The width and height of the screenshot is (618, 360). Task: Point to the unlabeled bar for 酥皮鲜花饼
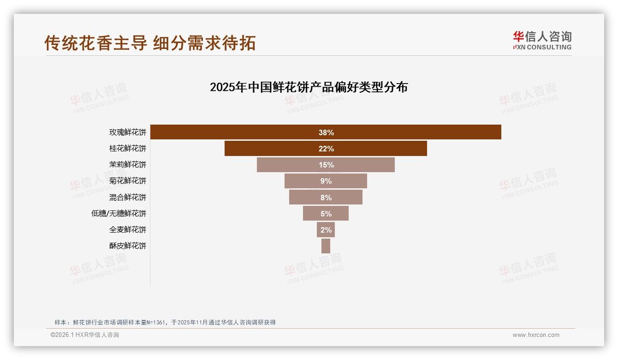[x=326, y=246]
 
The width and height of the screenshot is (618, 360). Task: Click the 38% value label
[x=326, y=132]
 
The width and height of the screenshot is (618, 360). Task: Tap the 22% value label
[x=326, y=149]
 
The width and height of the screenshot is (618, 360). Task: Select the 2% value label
[x=326, y=230]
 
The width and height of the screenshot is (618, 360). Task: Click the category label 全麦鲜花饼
[x=128, y=230]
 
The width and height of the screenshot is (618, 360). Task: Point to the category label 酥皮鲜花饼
[x=128, y=246]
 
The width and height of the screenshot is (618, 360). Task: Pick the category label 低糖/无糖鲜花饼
[x=119, y=214]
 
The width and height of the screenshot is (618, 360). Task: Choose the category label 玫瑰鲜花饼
[x=128, y=132]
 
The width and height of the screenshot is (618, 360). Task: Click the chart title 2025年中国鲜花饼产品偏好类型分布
[x=309, y=87]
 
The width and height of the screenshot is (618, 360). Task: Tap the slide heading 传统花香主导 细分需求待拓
[x=150, y=43]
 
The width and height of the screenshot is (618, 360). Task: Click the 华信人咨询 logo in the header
[x=542, y=40]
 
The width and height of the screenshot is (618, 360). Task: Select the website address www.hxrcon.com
[x=536, y=335]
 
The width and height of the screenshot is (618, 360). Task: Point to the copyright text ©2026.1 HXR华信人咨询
[x=85, y=335]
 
